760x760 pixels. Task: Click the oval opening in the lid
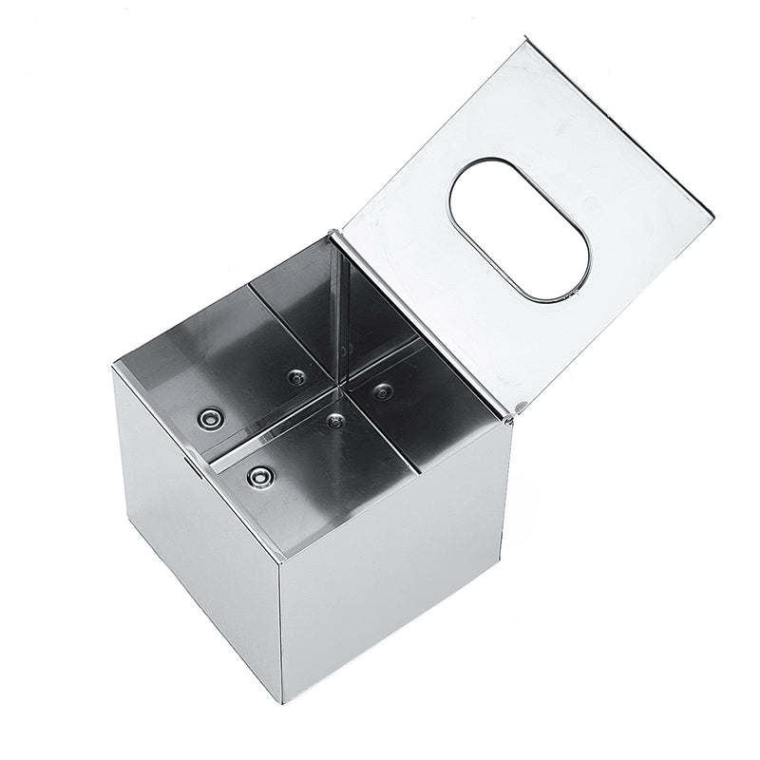(519, 230)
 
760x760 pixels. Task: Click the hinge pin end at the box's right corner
(518, 408)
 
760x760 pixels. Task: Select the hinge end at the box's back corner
(334, 232)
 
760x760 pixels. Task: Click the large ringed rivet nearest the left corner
(210, 417)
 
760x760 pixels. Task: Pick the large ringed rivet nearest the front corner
(258, 477)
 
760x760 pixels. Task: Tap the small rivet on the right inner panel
(383, 390)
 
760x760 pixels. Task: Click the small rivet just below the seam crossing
(334, 419)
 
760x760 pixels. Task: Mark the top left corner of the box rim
(114, 365)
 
